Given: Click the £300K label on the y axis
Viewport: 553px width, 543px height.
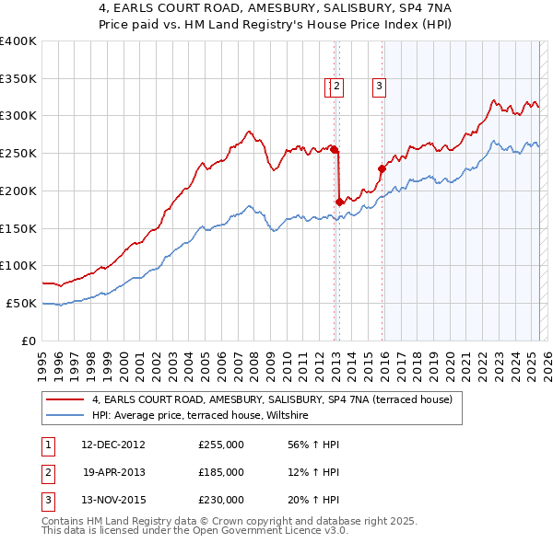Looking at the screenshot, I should click(x=18, y=115).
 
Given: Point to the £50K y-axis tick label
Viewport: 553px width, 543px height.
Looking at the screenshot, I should click(x=21, y=303).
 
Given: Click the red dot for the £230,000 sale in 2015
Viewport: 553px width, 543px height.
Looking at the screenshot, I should click(x=382, y=168).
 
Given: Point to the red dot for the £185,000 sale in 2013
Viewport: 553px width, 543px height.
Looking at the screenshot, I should click(x=339, y=201).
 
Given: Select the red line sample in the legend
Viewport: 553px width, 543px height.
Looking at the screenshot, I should click(x=65, y=400).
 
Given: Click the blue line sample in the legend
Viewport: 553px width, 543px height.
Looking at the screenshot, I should click(x=65, y=416).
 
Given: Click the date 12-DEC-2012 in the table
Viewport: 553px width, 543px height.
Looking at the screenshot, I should click(x=113, y=445).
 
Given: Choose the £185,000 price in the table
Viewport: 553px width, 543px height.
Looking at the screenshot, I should click(x=221, y=472).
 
